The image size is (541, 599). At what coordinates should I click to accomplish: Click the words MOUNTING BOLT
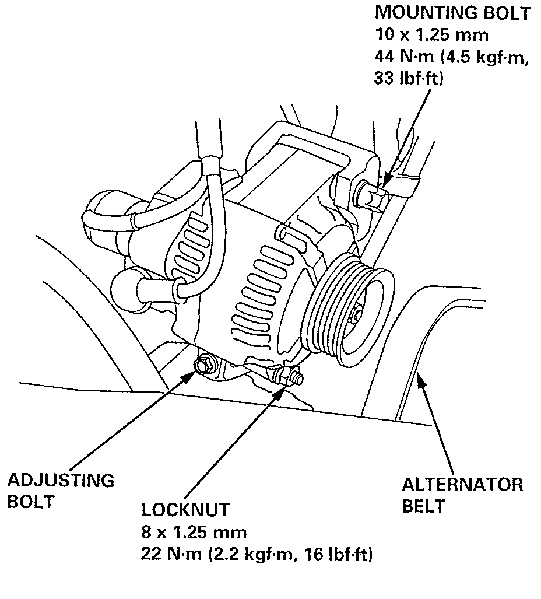click(x=452, y=12)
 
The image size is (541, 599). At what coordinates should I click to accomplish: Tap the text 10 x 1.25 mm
click(x=431, y=34)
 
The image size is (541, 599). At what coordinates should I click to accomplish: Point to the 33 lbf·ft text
click(x=409, y=78)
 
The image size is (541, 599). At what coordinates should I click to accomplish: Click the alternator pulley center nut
click(x=356, y=316)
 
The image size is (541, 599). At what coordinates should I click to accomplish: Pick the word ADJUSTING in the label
click(x=61, y=481)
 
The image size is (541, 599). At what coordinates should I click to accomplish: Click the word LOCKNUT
click(x=185, y=510)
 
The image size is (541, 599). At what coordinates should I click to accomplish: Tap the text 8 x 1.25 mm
click(x=194, y=532)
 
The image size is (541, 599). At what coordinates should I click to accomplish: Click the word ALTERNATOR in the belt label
click(x=462, y=484)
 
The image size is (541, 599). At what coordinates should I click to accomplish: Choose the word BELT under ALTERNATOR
click(x=423, y=506)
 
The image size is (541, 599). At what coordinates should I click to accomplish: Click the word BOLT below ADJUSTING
click(x=31, y=502)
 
